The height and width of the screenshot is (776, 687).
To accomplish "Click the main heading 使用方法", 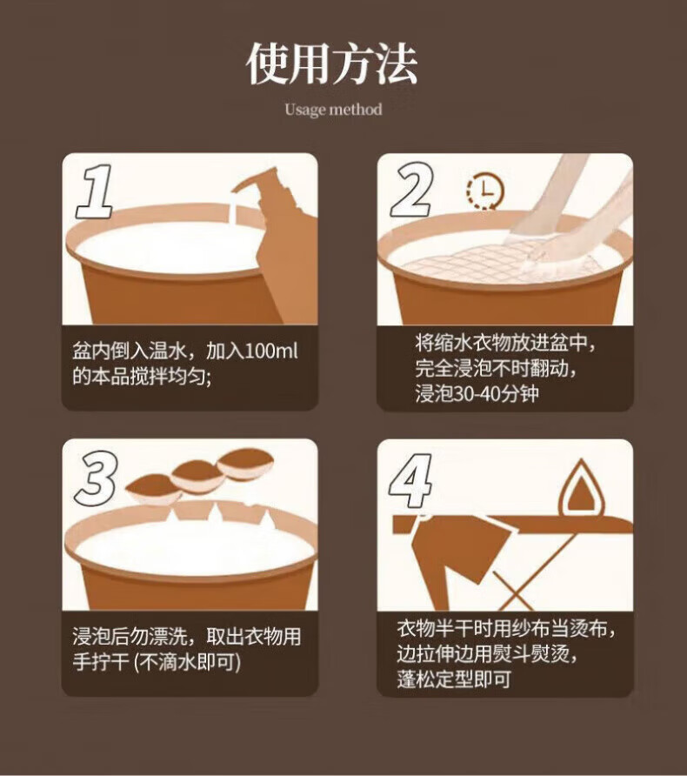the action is (332, 64).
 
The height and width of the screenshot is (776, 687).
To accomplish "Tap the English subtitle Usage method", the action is (333, 110).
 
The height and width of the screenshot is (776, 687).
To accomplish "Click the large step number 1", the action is (95, 191).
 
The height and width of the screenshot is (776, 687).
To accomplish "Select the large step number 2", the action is (412, 190).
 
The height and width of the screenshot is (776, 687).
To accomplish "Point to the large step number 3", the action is (97, 478).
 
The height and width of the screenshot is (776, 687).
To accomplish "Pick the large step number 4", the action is (410, 480).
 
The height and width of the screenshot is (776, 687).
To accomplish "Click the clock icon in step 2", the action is (486, 191).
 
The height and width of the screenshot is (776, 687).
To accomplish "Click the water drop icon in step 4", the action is (582, 487).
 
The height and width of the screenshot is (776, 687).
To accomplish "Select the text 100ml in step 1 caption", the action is (271, 351).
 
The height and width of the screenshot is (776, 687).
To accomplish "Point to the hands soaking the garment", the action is (569, 217).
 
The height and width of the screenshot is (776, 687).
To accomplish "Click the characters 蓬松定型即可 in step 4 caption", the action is (454, 679).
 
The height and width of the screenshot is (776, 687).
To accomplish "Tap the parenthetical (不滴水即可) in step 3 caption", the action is (188, 662).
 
